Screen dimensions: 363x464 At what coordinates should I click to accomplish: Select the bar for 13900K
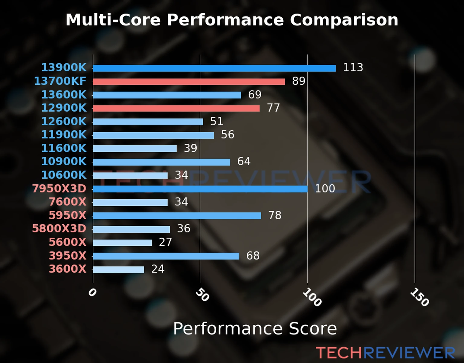[x=214, y=68]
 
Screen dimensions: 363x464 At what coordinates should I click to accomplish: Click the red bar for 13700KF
[x=189, y=82]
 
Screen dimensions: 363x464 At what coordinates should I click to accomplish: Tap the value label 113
[x=353, y=67]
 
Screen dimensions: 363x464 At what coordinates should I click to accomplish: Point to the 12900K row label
[x=64, y=108]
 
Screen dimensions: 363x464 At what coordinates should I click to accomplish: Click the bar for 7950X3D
[x=200, y=189]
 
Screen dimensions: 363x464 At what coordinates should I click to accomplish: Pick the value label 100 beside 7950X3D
[x=325, y=189]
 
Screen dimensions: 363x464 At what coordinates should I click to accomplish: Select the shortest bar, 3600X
[x=118, y=270]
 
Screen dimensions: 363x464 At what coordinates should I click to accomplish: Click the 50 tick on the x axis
[x=202, y=295]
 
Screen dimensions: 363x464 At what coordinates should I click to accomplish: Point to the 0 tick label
[x=92, y=293]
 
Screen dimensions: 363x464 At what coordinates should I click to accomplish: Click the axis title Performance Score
[x=255, y=329]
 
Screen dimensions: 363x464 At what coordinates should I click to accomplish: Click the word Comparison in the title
[x=344, y=20]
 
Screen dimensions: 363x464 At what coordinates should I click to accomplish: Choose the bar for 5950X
[x=177, y=216]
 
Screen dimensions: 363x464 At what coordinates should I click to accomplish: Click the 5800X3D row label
[x=59, y=229]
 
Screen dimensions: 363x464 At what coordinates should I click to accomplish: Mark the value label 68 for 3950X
[x=253, y=256]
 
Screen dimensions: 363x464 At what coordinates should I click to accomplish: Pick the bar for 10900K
[x=161, y=162]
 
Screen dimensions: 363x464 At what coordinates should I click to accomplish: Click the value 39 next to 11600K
[x=190, y=148]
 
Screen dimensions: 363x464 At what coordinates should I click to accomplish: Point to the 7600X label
[x=67, y=202]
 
